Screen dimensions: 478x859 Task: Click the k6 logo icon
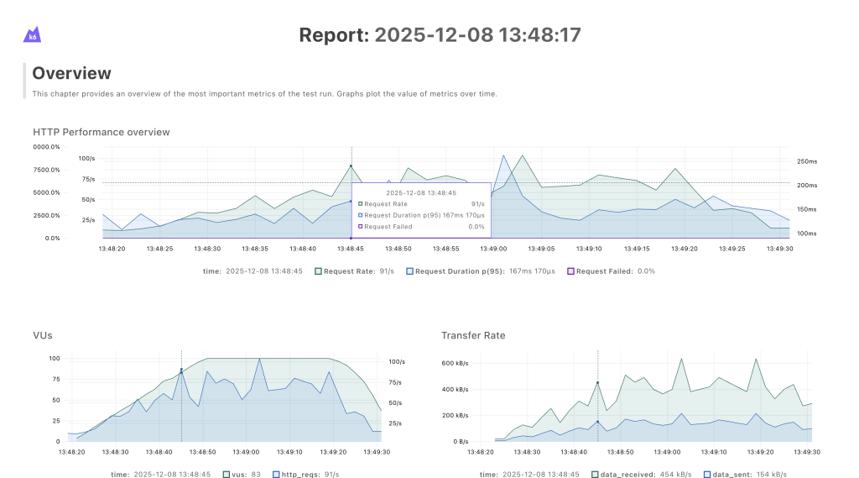click(x=33, y=34)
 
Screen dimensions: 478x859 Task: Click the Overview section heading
click(x=71, y=73)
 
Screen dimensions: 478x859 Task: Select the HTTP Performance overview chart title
click(x=101, y=132)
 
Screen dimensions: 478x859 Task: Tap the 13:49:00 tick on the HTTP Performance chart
click(x=494, y=249)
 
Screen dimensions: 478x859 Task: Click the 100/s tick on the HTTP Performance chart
click(x=87, y=158)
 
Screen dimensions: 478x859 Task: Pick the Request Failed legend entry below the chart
click(x=611, y=271)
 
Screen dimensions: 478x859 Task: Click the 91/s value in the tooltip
click(x=478, y=203)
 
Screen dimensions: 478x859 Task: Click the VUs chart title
click(x=42, y=335)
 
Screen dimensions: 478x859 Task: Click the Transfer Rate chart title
click(x=473, y=335)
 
